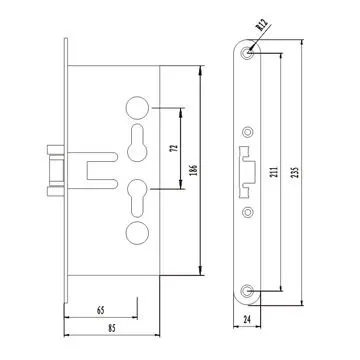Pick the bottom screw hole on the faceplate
(x=246, y=290)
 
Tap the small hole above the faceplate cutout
(x=246, y=129)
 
